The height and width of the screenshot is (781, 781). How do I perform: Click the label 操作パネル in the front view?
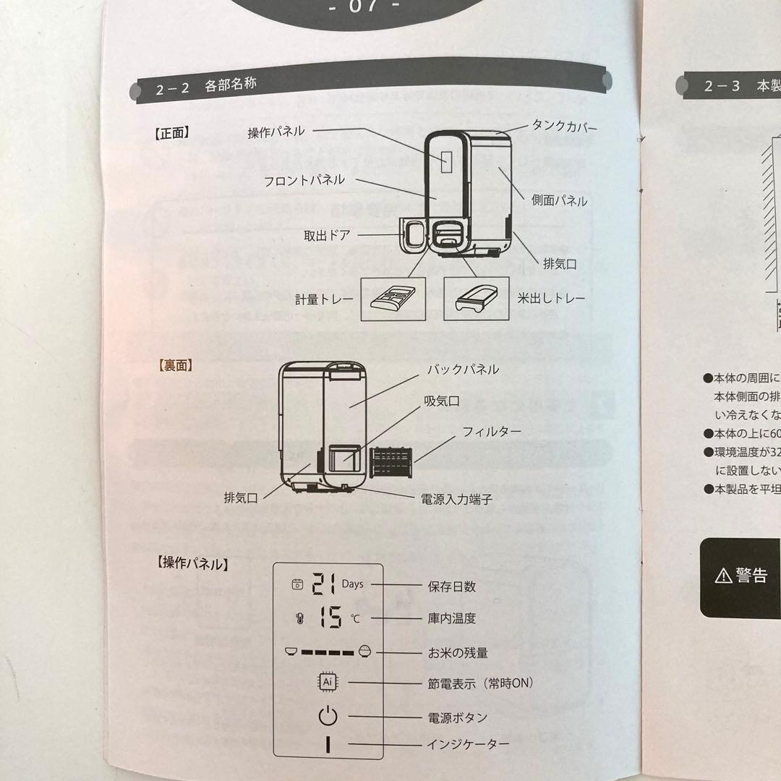click(x=276, y=132)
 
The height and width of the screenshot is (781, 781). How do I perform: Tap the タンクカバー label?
click(x=565, y=127)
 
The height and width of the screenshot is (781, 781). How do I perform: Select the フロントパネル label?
click(x=304, y=179)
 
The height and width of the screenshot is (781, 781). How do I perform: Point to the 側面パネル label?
click(x=559, y=201)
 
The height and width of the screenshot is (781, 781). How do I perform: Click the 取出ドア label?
click(x=328, y=235)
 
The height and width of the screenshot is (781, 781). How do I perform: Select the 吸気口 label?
click(x=441, y=401)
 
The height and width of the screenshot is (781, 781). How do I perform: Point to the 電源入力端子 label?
click(x=456, y=499)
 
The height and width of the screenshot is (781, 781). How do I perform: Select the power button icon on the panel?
click(x=328, y=717)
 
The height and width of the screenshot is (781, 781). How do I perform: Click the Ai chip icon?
click(x=328, y=682)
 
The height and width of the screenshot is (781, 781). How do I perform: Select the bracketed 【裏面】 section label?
click(x=174, y=365)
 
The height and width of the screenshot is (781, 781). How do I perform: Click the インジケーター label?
click(x=468, y=743)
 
